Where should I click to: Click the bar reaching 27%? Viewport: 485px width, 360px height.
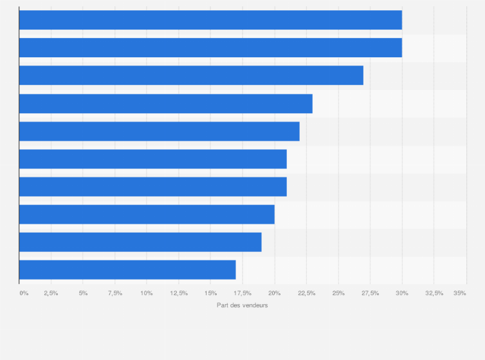click(x=191, y=75)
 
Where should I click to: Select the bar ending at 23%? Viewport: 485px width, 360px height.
click(x=166, y=104)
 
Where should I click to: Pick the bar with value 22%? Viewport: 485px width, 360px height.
click(x=160, y=131)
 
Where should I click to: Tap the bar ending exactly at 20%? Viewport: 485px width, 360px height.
click(x=147, y=214)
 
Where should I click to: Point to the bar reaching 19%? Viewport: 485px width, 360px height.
click(x=140, y=242)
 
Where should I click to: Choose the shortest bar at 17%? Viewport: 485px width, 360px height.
click(x=127, y=269)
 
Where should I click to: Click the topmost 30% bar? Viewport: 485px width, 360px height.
click(x=210, y=20)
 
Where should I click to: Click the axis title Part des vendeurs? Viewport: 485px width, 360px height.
click(x=243, y=305)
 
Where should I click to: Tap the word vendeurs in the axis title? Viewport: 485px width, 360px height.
click(x=254, y=305)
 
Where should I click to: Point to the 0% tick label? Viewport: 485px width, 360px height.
click(x=24, y=293)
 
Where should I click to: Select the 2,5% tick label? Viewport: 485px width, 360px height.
click(x=51, y=293)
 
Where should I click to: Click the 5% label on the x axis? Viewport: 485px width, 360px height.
click(x=83, y=293)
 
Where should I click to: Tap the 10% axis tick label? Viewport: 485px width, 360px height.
click(x=147, y=293)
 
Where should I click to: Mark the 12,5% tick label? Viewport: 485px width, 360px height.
click(x=179, y=293)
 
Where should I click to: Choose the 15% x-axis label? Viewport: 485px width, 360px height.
click(x=210, y=293)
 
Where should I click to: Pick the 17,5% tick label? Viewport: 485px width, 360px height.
click(x=243, y=293)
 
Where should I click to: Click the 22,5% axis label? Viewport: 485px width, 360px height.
click(x=306, y=293)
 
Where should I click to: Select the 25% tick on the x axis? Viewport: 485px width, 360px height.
click(x=338, y=293)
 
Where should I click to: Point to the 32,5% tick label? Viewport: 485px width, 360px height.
click(x=434, y=293)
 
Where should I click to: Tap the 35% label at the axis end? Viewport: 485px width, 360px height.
click(x=459, y=293)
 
